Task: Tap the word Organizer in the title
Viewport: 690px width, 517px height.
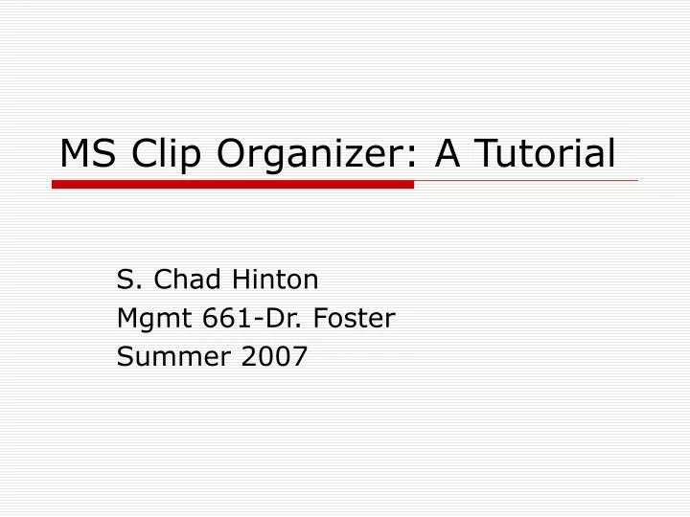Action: (310, 155)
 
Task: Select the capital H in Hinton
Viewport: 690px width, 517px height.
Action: (238, 280)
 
